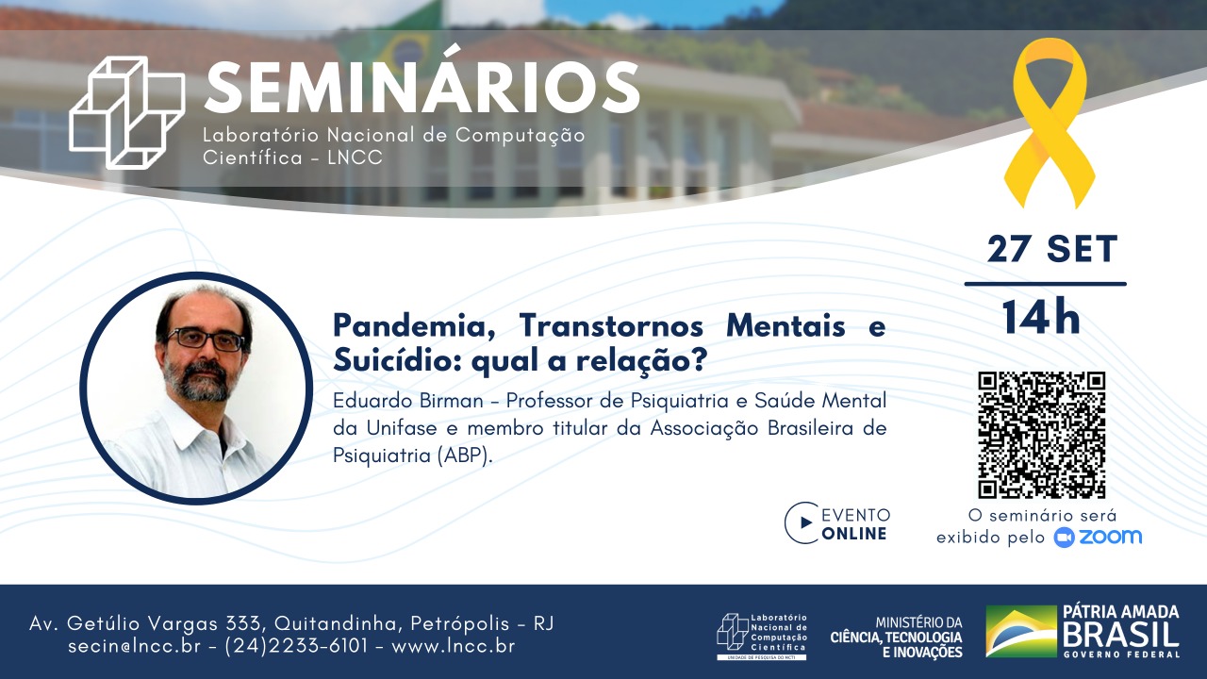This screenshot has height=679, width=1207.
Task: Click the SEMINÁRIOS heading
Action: point(422,89)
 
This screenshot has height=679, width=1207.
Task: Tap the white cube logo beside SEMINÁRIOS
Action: point(127,112)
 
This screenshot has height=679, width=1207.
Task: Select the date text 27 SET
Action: point(1051,250)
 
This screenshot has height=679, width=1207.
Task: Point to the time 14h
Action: point(1040,319)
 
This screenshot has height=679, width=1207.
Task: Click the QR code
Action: point(1041,435)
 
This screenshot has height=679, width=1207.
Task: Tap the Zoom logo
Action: point(1098,537)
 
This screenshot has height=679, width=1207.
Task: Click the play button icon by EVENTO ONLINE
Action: point(802,522)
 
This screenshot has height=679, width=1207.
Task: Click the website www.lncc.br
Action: point(453,647)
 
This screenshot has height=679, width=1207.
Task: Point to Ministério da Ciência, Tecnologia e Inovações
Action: point(896,638)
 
